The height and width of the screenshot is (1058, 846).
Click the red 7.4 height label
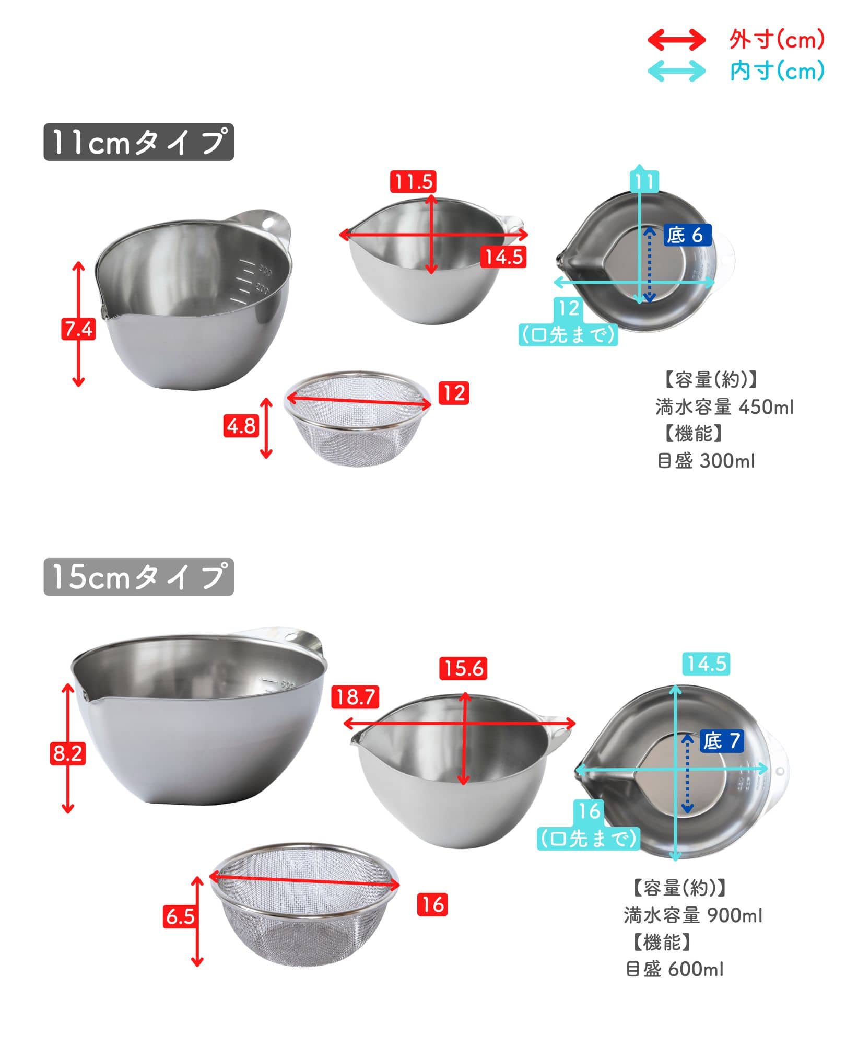click(x=78, y=329)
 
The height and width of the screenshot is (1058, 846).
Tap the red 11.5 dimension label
click(x=413, y=182)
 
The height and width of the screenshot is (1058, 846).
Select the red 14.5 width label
click(x=503, y=257)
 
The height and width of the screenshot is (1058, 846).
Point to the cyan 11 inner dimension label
click(x=644, y=182)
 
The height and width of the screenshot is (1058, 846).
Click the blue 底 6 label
click(x=688, y=236)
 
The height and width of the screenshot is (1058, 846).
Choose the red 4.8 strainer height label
click(x=241, y=426)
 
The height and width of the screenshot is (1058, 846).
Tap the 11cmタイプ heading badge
click(x=138, y=142)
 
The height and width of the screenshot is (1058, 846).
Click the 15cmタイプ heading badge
click(x=138, y=577)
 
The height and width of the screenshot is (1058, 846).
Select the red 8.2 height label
click(x=68, y=754)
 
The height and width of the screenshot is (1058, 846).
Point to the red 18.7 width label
click(x=355, y=697)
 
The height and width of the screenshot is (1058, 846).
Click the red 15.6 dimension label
click(x=463, y=668)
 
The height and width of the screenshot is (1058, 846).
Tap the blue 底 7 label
click(x=721, y=741)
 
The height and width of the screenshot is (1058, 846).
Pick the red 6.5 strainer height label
click(x=180, y=916)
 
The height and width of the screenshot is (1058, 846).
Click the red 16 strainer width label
click(x=432, y=904)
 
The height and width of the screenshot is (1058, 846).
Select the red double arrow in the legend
click(x=676, y=40)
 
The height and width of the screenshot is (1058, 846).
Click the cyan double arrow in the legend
click(x=676, y=71)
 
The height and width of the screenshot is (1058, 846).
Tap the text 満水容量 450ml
click(x=724, y=407)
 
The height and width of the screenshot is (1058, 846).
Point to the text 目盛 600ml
click(x=674, y=970)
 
